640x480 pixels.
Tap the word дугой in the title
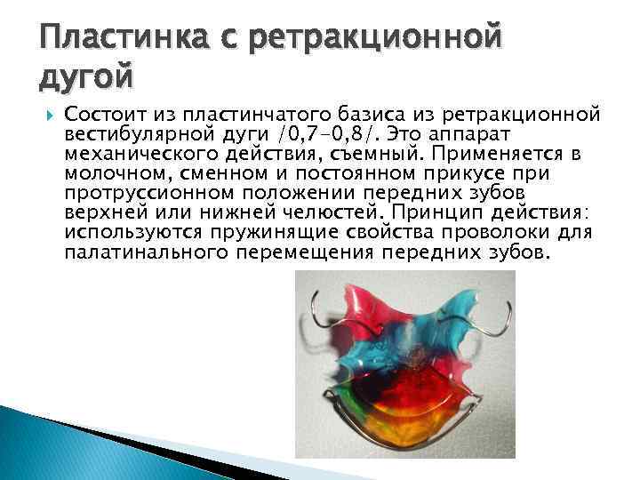[86, 77]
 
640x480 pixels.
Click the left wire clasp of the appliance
[312, 316]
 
